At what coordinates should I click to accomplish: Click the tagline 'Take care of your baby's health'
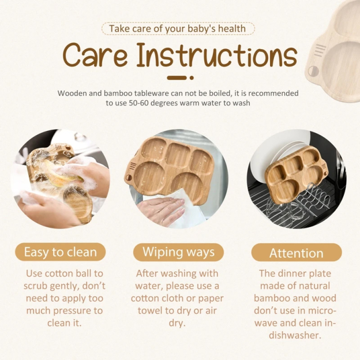[x=178, y=28]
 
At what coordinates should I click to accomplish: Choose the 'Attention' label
[x=296, y=253]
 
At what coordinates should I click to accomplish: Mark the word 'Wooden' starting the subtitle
[x=72, y=93]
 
